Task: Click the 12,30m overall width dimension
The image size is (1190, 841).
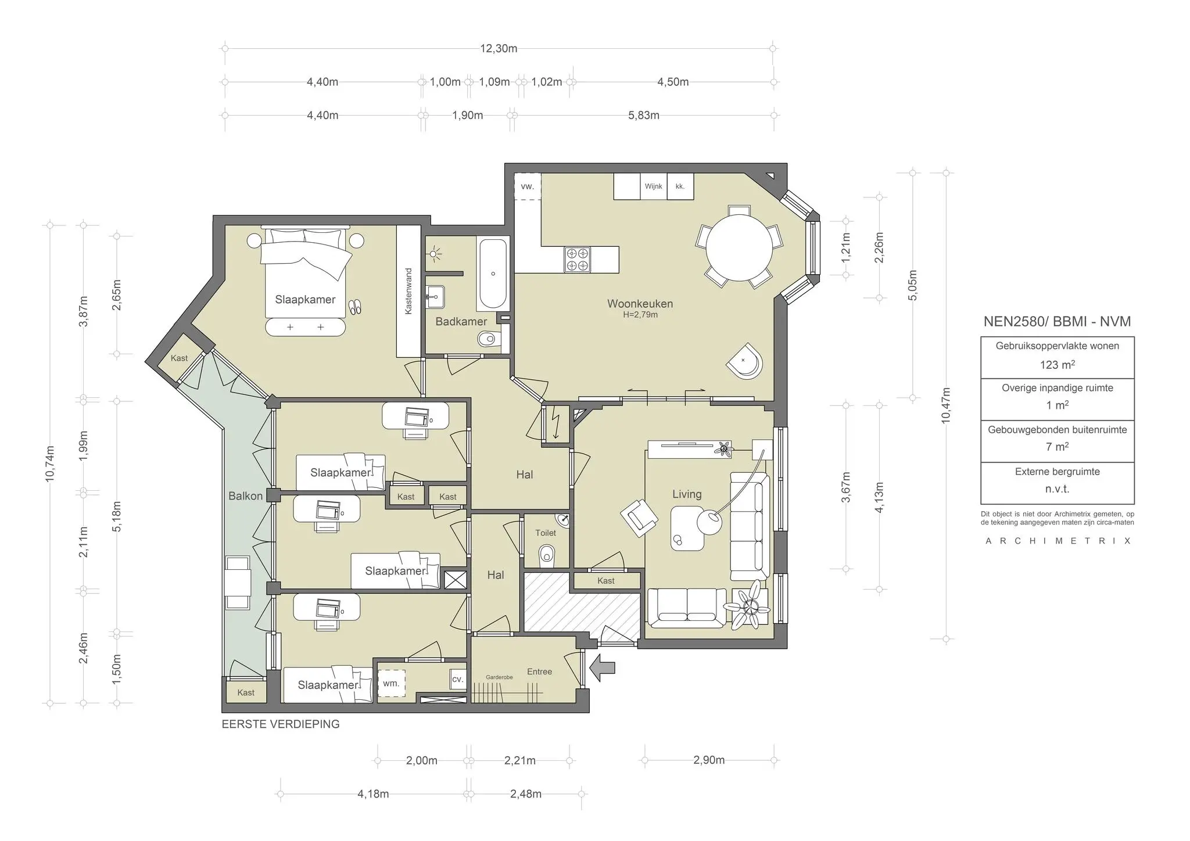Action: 498,49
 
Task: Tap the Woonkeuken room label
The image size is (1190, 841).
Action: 640,304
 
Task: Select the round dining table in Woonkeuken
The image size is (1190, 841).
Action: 739,247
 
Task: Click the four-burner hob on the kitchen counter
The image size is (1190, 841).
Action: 578,260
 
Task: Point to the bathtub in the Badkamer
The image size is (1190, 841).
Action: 493,274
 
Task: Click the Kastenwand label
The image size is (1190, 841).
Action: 408,291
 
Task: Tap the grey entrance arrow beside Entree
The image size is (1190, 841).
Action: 602,668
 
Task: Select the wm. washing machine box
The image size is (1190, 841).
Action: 391,684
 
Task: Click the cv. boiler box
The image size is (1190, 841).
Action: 457,679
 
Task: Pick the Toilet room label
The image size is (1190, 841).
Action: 546,533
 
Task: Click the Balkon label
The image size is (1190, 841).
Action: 245,496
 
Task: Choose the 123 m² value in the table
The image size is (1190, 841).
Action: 1057,365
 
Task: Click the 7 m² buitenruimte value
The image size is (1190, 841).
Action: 1057,447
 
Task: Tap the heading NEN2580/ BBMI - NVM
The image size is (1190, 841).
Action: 1057,322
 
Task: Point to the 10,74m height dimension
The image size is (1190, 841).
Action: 50,463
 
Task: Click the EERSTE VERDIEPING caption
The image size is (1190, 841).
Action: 281,724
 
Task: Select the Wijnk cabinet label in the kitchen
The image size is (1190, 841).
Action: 653,186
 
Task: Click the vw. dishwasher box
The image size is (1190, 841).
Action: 527,186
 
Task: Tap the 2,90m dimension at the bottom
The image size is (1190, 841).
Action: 708,760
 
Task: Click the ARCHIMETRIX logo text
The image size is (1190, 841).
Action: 1058,541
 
